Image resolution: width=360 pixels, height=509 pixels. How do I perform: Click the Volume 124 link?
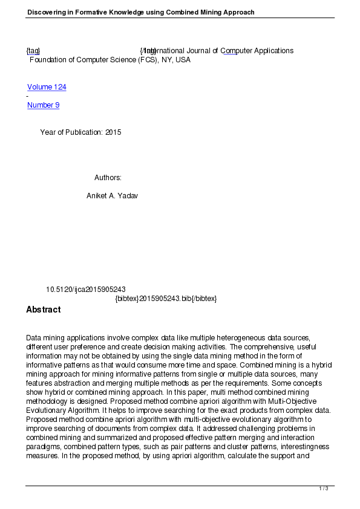point(47,87)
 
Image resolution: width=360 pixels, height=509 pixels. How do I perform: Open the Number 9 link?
point(43,105)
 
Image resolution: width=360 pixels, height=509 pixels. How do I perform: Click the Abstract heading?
point(43,310)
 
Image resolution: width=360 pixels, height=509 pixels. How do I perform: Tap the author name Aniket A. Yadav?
point(112,196)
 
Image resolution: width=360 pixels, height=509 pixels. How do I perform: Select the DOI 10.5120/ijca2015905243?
point(85,290)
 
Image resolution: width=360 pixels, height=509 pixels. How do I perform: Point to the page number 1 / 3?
point(324,488)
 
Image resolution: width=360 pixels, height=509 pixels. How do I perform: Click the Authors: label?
point(108,178)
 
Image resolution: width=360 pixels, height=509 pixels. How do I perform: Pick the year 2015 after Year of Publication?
point(113,132)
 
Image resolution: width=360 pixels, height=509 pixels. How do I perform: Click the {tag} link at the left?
point(33,51)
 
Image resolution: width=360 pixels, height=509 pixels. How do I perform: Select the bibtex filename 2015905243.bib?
point(165,299)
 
